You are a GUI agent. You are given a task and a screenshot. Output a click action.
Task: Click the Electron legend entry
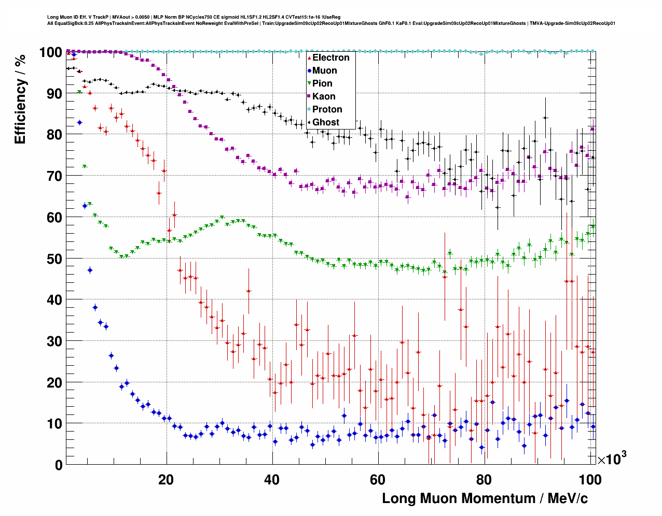[x=330, y=58]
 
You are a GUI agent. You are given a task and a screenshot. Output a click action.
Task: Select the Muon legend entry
[x=324, y=70]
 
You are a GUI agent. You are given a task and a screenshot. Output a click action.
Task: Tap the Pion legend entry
[x=322, y=83]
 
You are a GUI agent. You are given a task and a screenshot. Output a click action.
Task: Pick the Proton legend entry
[x=327, y=109]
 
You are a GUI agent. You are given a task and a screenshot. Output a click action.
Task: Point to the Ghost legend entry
[x=325, y=122]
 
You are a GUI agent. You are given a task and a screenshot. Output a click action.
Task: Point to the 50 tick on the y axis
[x=54, y=259]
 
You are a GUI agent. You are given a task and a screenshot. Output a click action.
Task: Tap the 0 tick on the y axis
[x=59, y=465]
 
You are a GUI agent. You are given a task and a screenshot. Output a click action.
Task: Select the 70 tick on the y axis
[x=54, y=176]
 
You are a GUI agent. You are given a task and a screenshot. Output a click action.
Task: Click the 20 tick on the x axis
[x=166, y=479]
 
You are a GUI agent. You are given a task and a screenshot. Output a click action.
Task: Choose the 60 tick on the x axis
[x=377, y=479]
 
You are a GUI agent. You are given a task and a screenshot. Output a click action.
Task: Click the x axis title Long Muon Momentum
[x=485, y=498]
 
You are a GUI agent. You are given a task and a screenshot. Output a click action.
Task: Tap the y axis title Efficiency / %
[x=20, y=99]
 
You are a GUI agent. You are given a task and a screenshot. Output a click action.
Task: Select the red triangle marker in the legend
[x=309, y=58]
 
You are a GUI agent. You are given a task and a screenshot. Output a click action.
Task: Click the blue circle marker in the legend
[x=309, y=70]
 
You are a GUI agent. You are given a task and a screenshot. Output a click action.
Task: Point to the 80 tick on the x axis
[x=483, y=479]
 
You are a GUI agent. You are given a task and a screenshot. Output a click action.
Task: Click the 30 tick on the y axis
[x=54, y=341]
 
